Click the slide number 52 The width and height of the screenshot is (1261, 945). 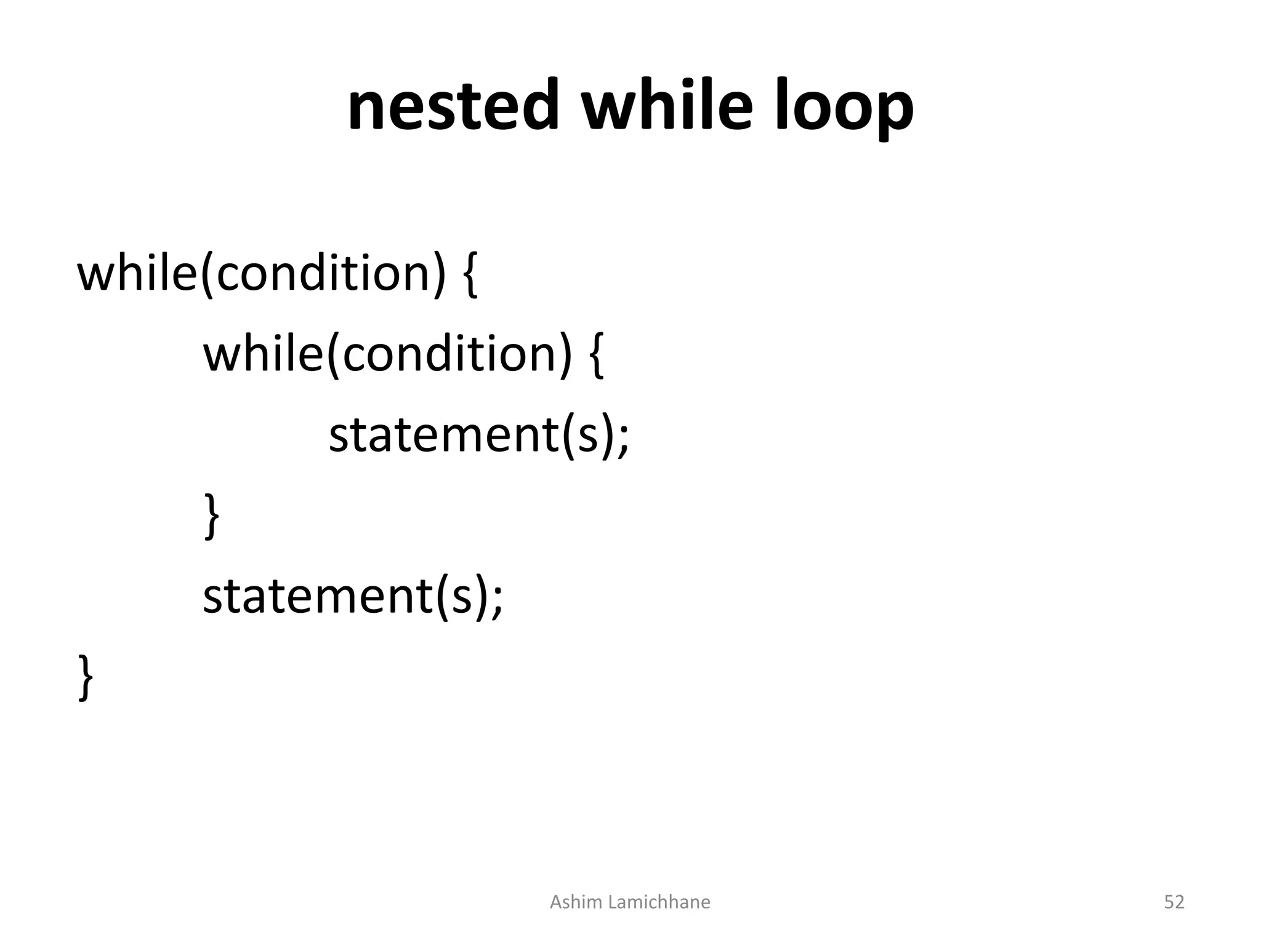point(1174,902)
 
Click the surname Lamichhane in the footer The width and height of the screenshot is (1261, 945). point(659,902)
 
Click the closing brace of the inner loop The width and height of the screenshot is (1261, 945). point(211,517)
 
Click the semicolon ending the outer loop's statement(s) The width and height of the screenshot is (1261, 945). point(497,599)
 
